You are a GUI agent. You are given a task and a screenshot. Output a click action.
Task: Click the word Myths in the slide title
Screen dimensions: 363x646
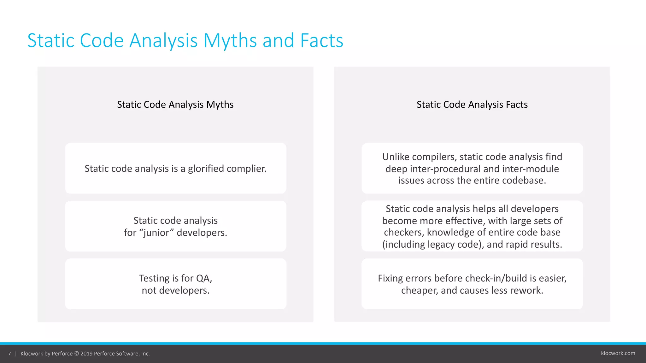(x=230, y=41)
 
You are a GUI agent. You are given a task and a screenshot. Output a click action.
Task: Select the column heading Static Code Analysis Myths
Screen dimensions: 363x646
(x=175, y=105)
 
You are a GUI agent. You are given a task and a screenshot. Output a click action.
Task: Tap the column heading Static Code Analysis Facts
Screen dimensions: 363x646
(x=472, y=105)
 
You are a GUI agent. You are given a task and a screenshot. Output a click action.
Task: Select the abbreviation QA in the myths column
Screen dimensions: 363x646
(x=204, y=279)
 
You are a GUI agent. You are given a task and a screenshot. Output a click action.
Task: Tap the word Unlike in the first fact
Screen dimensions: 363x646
(x=396, y=157)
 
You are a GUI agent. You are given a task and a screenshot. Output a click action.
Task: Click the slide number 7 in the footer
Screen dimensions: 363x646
(x=9, y=354)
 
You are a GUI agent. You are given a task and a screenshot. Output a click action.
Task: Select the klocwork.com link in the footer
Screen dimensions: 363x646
(x=618, y=353)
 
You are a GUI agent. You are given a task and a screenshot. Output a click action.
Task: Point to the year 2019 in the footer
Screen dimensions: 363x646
(x=86, y=354)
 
